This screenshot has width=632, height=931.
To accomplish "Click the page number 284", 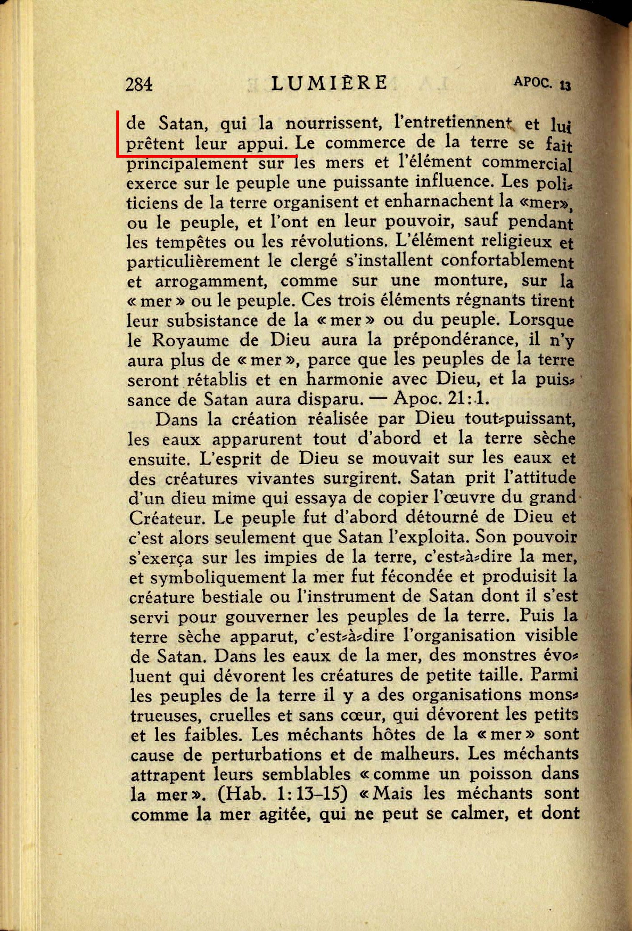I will pos(139,84).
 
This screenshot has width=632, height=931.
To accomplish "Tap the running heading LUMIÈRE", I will pos(329,83).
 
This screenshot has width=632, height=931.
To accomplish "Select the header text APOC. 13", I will pos(542,83).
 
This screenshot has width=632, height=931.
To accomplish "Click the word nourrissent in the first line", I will pos(332,123).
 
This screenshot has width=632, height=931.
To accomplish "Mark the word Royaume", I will pos(190,340).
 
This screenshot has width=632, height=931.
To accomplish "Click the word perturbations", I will pos(266,755).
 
